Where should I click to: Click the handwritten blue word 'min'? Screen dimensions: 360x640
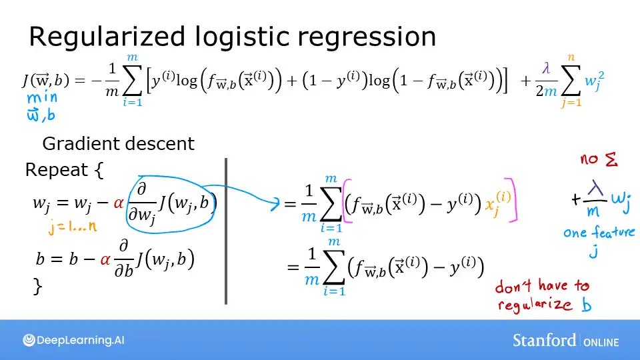pos(42,98)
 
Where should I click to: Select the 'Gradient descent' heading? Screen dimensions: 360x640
pos(118,143)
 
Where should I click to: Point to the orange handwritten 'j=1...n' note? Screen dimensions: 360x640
pos(73,227)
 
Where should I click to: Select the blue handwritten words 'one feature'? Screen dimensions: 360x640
pos(599,233)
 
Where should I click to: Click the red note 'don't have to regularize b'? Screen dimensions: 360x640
pos(543,295)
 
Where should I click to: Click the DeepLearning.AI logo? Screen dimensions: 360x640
pos(73,340)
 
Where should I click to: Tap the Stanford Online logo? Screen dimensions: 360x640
pos(565,341)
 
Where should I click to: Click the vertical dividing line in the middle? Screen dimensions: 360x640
pos(227,231)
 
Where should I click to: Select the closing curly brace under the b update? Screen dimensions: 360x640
pos(37,287)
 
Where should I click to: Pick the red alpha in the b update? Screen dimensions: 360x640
pos(106,259)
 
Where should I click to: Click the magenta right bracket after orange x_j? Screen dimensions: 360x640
pos(513,200)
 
